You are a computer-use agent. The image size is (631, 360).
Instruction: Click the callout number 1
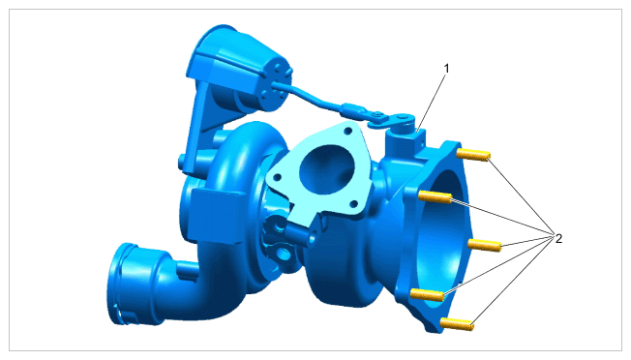[446, 69]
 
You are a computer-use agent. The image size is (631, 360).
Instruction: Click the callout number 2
[558, 238]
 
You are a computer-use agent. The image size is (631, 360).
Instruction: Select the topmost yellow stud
[473, 155]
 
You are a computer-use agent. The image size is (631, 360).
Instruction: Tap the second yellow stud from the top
[435, 196]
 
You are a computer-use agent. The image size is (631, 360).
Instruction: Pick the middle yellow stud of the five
[485, 245]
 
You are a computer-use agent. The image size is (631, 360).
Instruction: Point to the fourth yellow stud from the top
[427, 295]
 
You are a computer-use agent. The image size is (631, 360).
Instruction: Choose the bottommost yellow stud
[457, 324]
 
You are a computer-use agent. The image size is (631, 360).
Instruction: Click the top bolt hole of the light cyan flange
[347, 131]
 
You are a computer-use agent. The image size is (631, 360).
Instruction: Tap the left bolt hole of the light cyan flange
[277, 176]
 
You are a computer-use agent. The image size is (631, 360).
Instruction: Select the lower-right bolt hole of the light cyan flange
[354, 204]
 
